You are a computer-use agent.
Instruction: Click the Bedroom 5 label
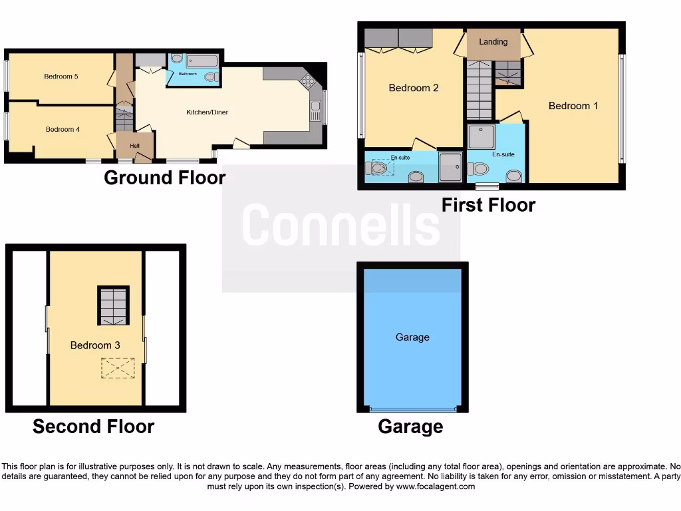click(x=61, y=77)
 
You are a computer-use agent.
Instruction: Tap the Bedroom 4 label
click(x=63, y=129)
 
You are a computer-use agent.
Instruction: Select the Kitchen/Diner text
click(x=207, y=112)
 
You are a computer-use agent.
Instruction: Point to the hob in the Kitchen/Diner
click(x=308, y=81)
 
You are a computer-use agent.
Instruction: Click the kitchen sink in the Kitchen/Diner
click(x=315, y=111)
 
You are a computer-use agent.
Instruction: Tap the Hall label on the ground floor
click(x=134, y=146)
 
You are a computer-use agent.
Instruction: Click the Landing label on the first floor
click(x=493, y=42)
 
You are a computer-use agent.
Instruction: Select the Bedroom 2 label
click(x=414, y=88)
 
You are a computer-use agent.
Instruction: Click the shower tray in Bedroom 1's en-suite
click(x=482, y=137)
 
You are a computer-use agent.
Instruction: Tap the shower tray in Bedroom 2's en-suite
click(x=450, y=166)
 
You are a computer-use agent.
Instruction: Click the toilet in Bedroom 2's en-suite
click(x=416, y=176)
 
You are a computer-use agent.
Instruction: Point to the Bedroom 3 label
click(x=95, y=345)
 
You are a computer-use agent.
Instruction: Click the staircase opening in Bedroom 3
click(x=112, y=305)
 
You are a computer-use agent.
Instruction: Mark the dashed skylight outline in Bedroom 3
click(x=118, y=368)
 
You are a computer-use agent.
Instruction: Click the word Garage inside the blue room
click(x=412, y=337)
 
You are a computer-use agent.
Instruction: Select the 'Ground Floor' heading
click(x=164, y=178)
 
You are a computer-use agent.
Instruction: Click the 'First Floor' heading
click(x=488, y=205)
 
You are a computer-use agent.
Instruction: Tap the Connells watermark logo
click(x=340, y=225)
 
